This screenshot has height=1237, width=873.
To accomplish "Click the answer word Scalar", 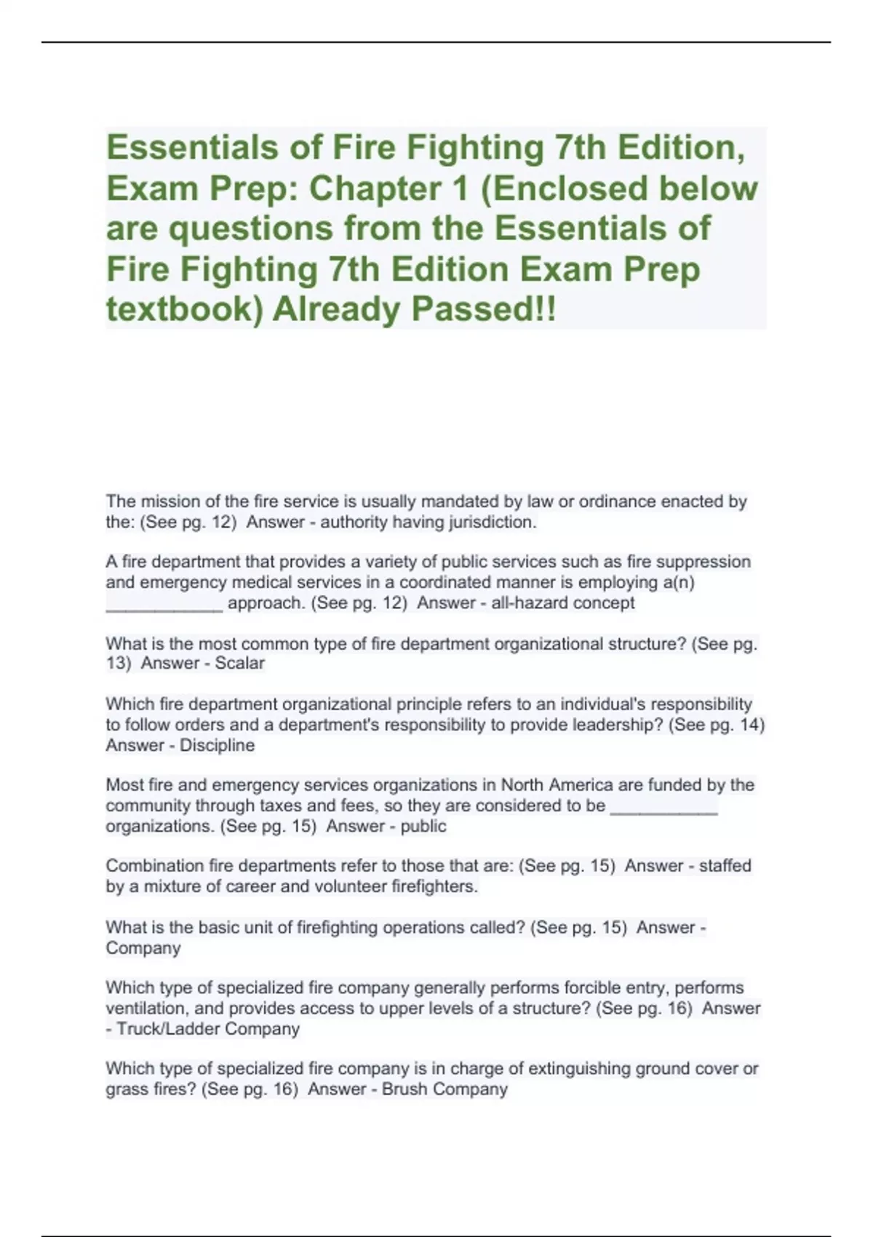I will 239,664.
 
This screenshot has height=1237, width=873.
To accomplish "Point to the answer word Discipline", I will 217,746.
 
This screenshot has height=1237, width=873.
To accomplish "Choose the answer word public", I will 423,827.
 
